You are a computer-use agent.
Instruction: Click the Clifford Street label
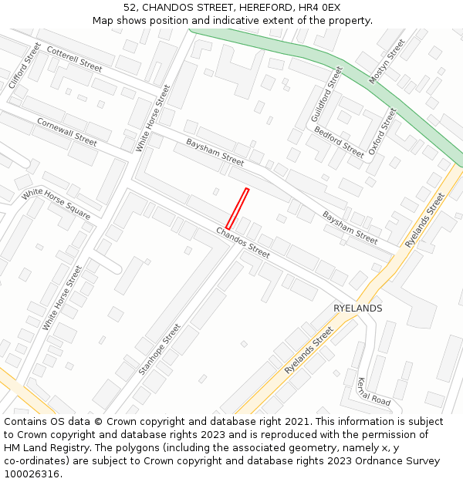[x=24, y=65]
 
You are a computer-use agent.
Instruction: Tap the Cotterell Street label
[x=74, y=59]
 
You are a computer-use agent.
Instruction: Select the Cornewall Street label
[x=67, y=132]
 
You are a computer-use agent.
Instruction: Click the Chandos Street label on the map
[x=243, y=242]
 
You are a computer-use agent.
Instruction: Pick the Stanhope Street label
[x=160, y=349]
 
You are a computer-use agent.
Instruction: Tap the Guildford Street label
[x=326, y=93]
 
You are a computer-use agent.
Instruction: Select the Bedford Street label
[x=339, y=142]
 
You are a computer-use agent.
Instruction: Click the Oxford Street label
[x=382, y=131]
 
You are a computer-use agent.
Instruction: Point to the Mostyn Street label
[x=387, y=61]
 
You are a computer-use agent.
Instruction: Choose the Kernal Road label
[x=374, y=391]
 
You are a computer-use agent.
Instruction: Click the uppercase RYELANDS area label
[x=357, y=308]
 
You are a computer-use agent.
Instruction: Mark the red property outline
[x=237, y=208]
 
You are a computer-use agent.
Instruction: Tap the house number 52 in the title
[x=130, y=7]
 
